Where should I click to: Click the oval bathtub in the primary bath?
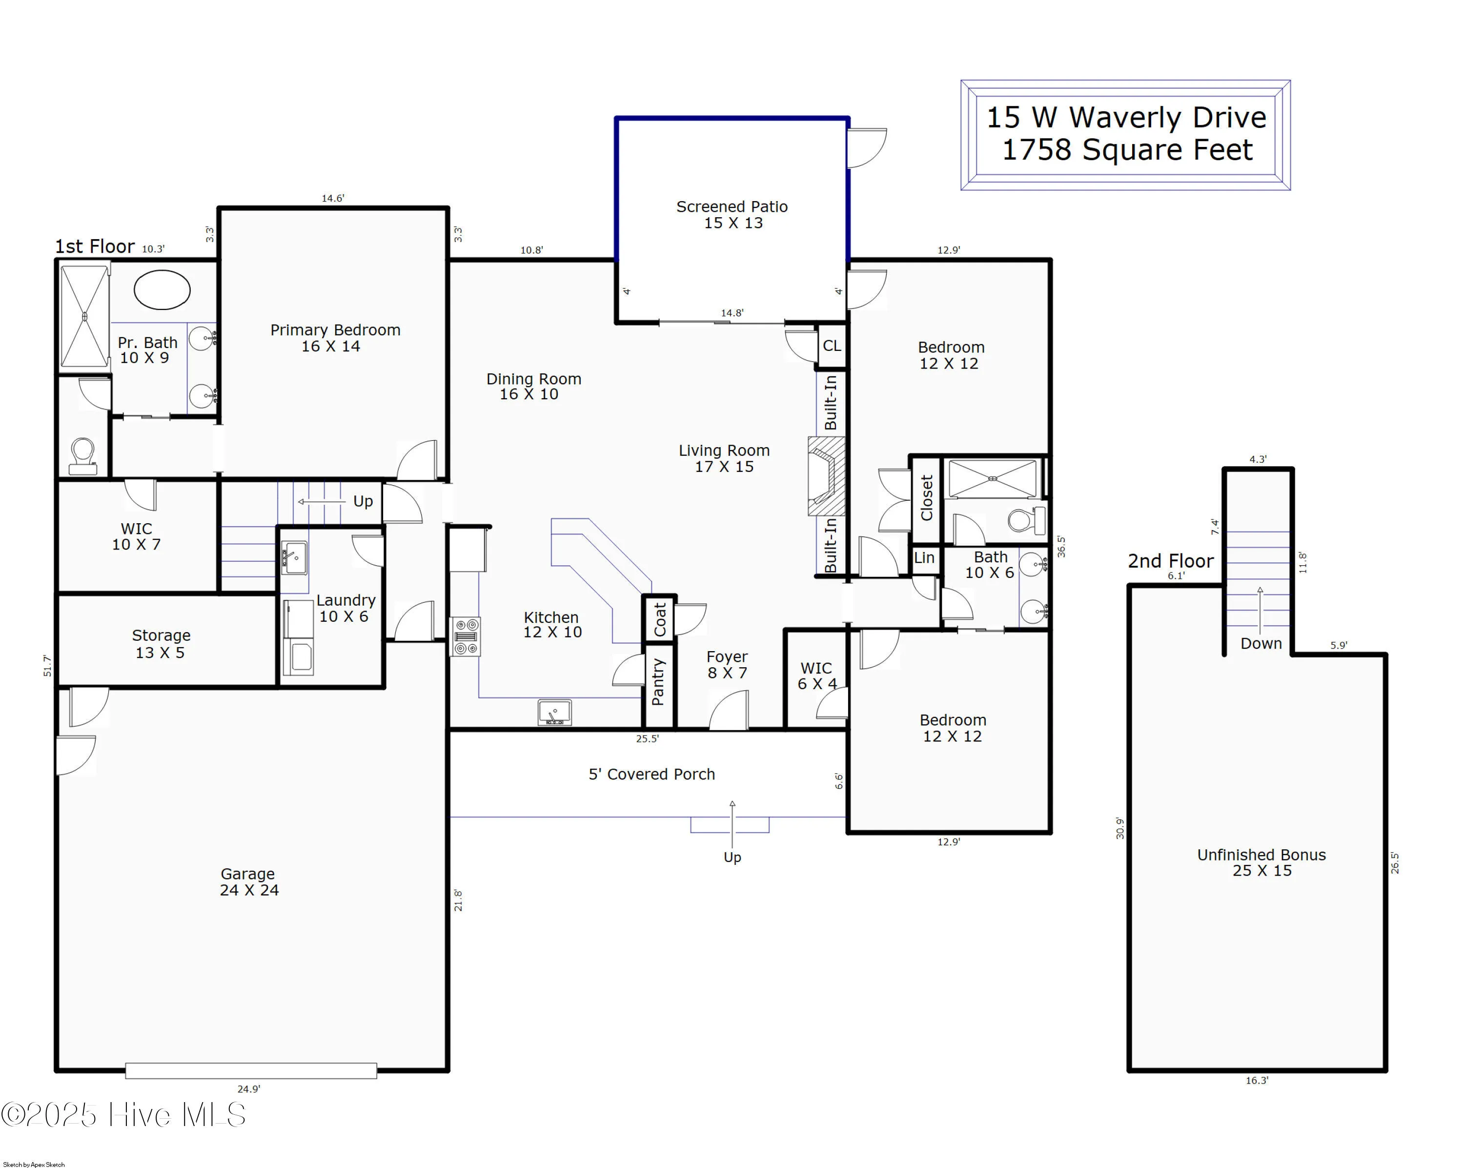pyautogui.click(x=162, y=290)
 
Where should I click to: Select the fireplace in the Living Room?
pyautogui.click(x=826, y=476)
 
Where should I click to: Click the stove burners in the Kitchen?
pyautogui.click(x=466, y=636)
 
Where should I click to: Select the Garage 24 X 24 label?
pyautogui.click(x=248, y=881)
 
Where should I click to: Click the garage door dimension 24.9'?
pyautogui.click(x=248, y=1088)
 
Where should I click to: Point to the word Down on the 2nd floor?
pyautogui.click(x=1261, y=643)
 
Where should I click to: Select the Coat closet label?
pyautogui.click(x=659, y=619)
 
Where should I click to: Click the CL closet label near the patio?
pyautogui.click(x=832, y=346)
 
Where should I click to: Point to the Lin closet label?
pyautogui.click(x=924, y=557)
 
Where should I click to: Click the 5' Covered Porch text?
pyautogui.click(x=651, y=774)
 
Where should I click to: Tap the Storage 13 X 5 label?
pyautogui.click(x=161, y=644)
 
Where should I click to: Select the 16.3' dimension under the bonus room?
pyautogui.click(x=1256, y=1080)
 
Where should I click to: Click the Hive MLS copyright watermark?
pyautogui.click(x=123, y=1114)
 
